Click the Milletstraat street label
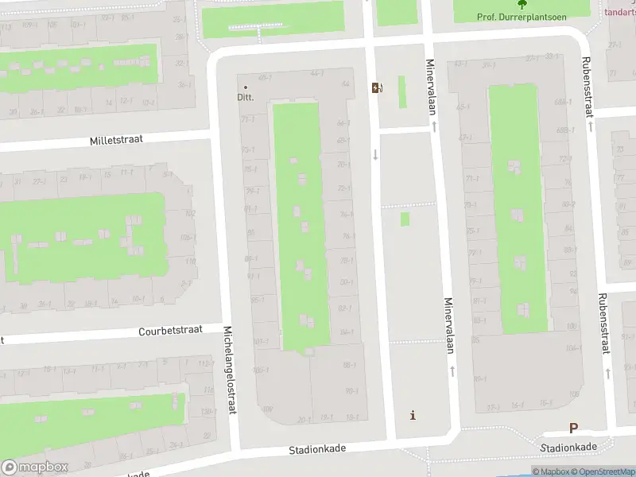click(116, 139)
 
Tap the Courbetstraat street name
click(170, 330)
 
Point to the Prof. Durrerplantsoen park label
click(522, 16)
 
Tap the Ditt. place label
click(245, 98)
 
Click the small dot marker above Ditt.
click(245, 87)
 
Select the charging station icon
click(375, 88)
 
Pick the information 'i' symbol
click(412, 415)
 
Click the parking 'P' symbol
click(573, 428)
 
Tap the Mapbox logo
click(34, 467)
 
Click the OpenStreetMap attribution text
click(604, 472)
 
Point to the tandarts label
click(621, 12)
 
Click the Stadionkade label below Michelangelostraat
click(317, 449)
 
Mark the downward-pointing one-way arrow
click(375, 154)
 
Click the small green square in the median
click(405, 219)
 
